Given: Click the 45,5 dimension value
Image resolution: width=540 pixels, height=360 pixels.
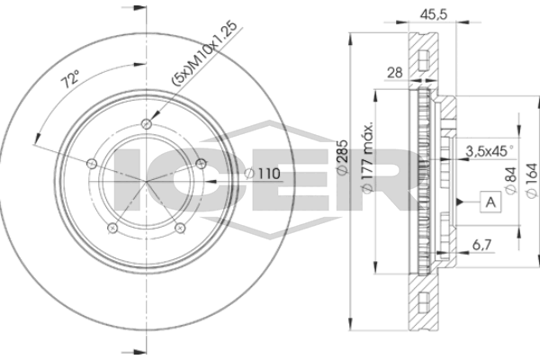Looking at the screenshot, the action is (x=433, y=14).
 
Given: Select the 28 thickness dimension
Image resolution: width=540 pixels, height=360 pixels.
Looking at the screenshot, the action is (x=395, y=73).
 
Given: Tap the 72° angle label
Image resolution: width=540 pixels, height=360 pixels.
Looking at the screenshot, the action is (x=70, y=79).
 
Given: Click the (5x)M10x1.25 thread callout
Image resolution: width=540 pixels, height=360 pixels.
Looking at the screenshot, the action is (x=205, y=53).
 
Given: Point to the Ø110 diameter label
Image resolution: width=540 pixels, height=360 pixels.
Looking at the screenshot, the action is (x=263, y=174).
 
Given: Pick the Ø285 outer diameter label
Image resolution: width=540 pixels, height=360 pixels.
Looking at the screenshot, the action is (x=342, y=158).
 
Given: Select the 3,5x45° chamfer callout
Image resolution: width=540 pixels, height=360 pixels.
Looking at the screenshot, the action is (x=489, y=151).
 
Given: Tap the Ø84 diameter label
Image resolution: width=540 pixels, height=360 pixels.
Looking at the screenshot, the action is (x=510, y=181).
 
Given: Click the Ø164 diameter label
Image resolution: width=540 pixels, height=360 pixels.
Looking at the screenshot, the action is (x=532, y=181).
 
